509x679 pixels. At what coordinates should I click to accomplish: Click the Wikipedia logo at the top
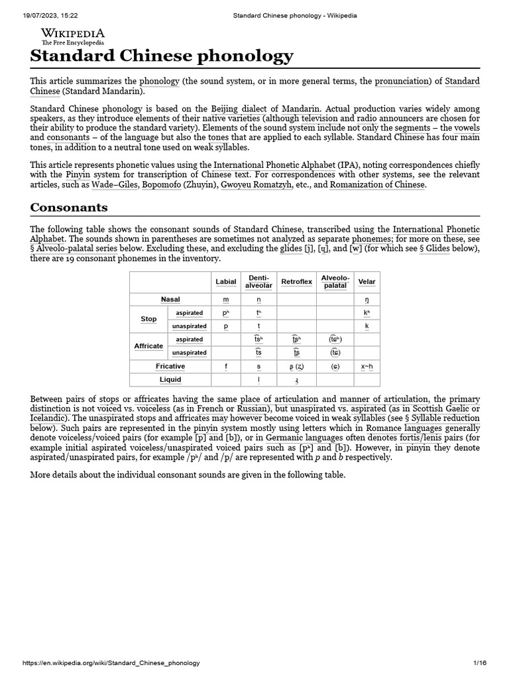point(72,36)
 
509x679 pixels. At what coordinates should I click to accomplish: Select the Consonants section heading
point(69,208)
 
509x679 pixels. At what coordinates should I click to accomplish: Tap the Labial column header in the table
point(226,282)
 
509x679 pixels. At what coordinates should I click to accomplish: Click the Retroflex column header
point(296,282)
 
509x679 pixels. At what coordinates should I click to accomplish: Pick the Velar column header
point(367,282)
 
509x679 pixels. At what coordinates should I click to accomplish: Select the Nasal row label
point(170,300)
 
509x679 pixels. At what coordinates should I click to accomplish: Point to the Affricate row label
point(148,346)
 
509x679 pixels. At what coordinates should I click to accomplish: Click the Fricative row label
point(170,366)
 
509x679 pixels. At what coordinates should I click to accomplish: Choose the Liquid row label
point(170,380)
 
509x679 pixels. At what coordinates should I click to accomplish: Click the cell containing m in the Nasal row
point(226,300)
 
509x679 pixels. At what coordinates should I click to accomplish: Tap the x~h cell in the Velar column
point(367,366)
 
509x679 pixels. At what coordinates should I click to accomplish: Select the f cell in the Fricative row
point(226,366)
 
